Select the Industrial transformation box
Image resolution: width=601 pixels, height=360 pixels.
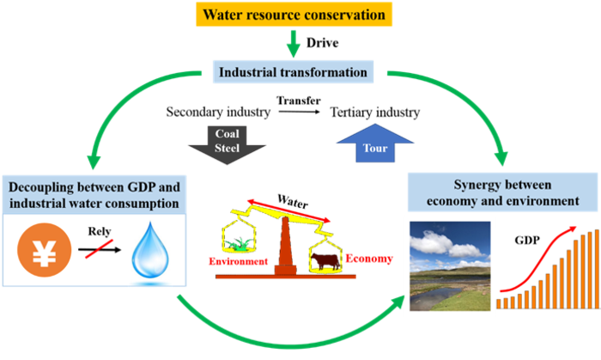(293, 72)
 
